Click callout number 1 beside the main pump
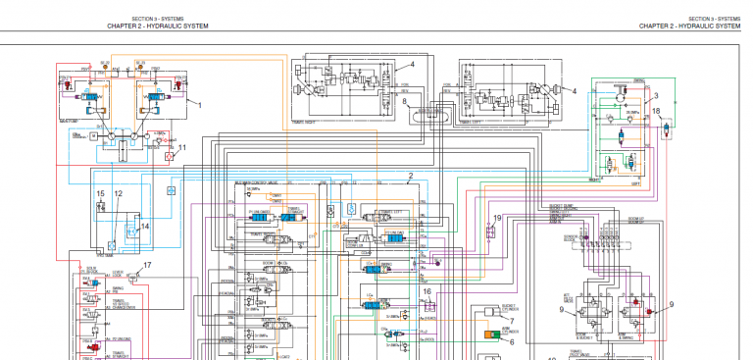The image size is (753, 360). (x=200, y=102)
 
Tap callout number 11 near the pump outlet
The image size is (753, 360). (x=180, y=147)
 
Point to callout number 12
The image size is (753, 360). (x=118, y=194)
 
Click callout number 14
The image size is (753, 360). (x=143, y=227)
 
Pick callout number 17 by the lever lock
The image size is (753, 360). (x=148, y=265)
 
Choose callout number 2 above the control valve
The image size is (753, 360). (x=410, y=177)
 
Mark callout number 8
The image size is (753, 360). (x=404, y=103)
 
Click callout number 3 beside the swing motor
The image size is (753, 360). (x=656, y=96)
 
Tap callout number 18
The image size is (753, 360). (x=656, y=112)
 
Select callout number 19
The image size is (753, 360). (x=497, y=218)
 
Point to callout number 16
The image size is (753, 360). (x=427, y=291)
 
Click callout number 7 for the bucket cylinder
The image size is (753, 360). (x=511, y=321)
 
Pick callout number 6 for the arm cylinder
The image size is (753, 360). (x=511, y=341)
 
